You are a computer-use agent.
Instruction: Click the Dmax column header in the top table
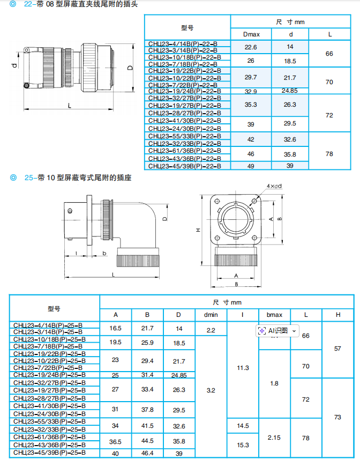(251, 34)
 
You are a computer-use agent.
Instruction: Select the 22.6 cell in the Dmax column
(251, 47)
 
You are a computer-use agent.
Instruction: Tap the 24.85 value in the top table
(289, 91)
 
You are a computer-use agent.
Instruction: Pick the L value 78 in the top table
(329, 154)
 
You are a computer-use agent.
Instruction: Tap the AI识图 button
(277, 331)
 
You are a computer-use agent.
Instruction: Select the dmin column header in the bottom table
(211, 315)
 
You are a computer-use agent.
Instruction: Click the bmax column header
(274, 315)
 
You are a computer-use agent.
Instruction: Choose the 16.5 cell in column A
(116, 328)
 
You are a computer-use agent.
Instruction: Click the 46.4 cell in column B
(147, 453)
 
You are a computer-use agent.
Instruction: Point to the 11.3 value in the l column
(242, 368)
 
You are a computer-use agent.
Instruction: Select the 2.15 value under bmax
(274, 438)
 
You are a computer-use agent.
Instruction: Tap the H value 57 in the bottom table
(337, 348)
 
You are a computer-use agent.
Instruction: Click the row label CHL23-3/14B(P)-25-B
(54, 332)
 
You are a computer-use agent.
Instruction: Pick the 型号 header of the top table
(187, 27)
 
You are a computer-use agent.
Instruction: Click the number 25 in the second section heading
(29, 177)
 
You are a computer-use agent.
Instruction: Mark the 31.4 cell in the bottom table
(147, 374)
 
